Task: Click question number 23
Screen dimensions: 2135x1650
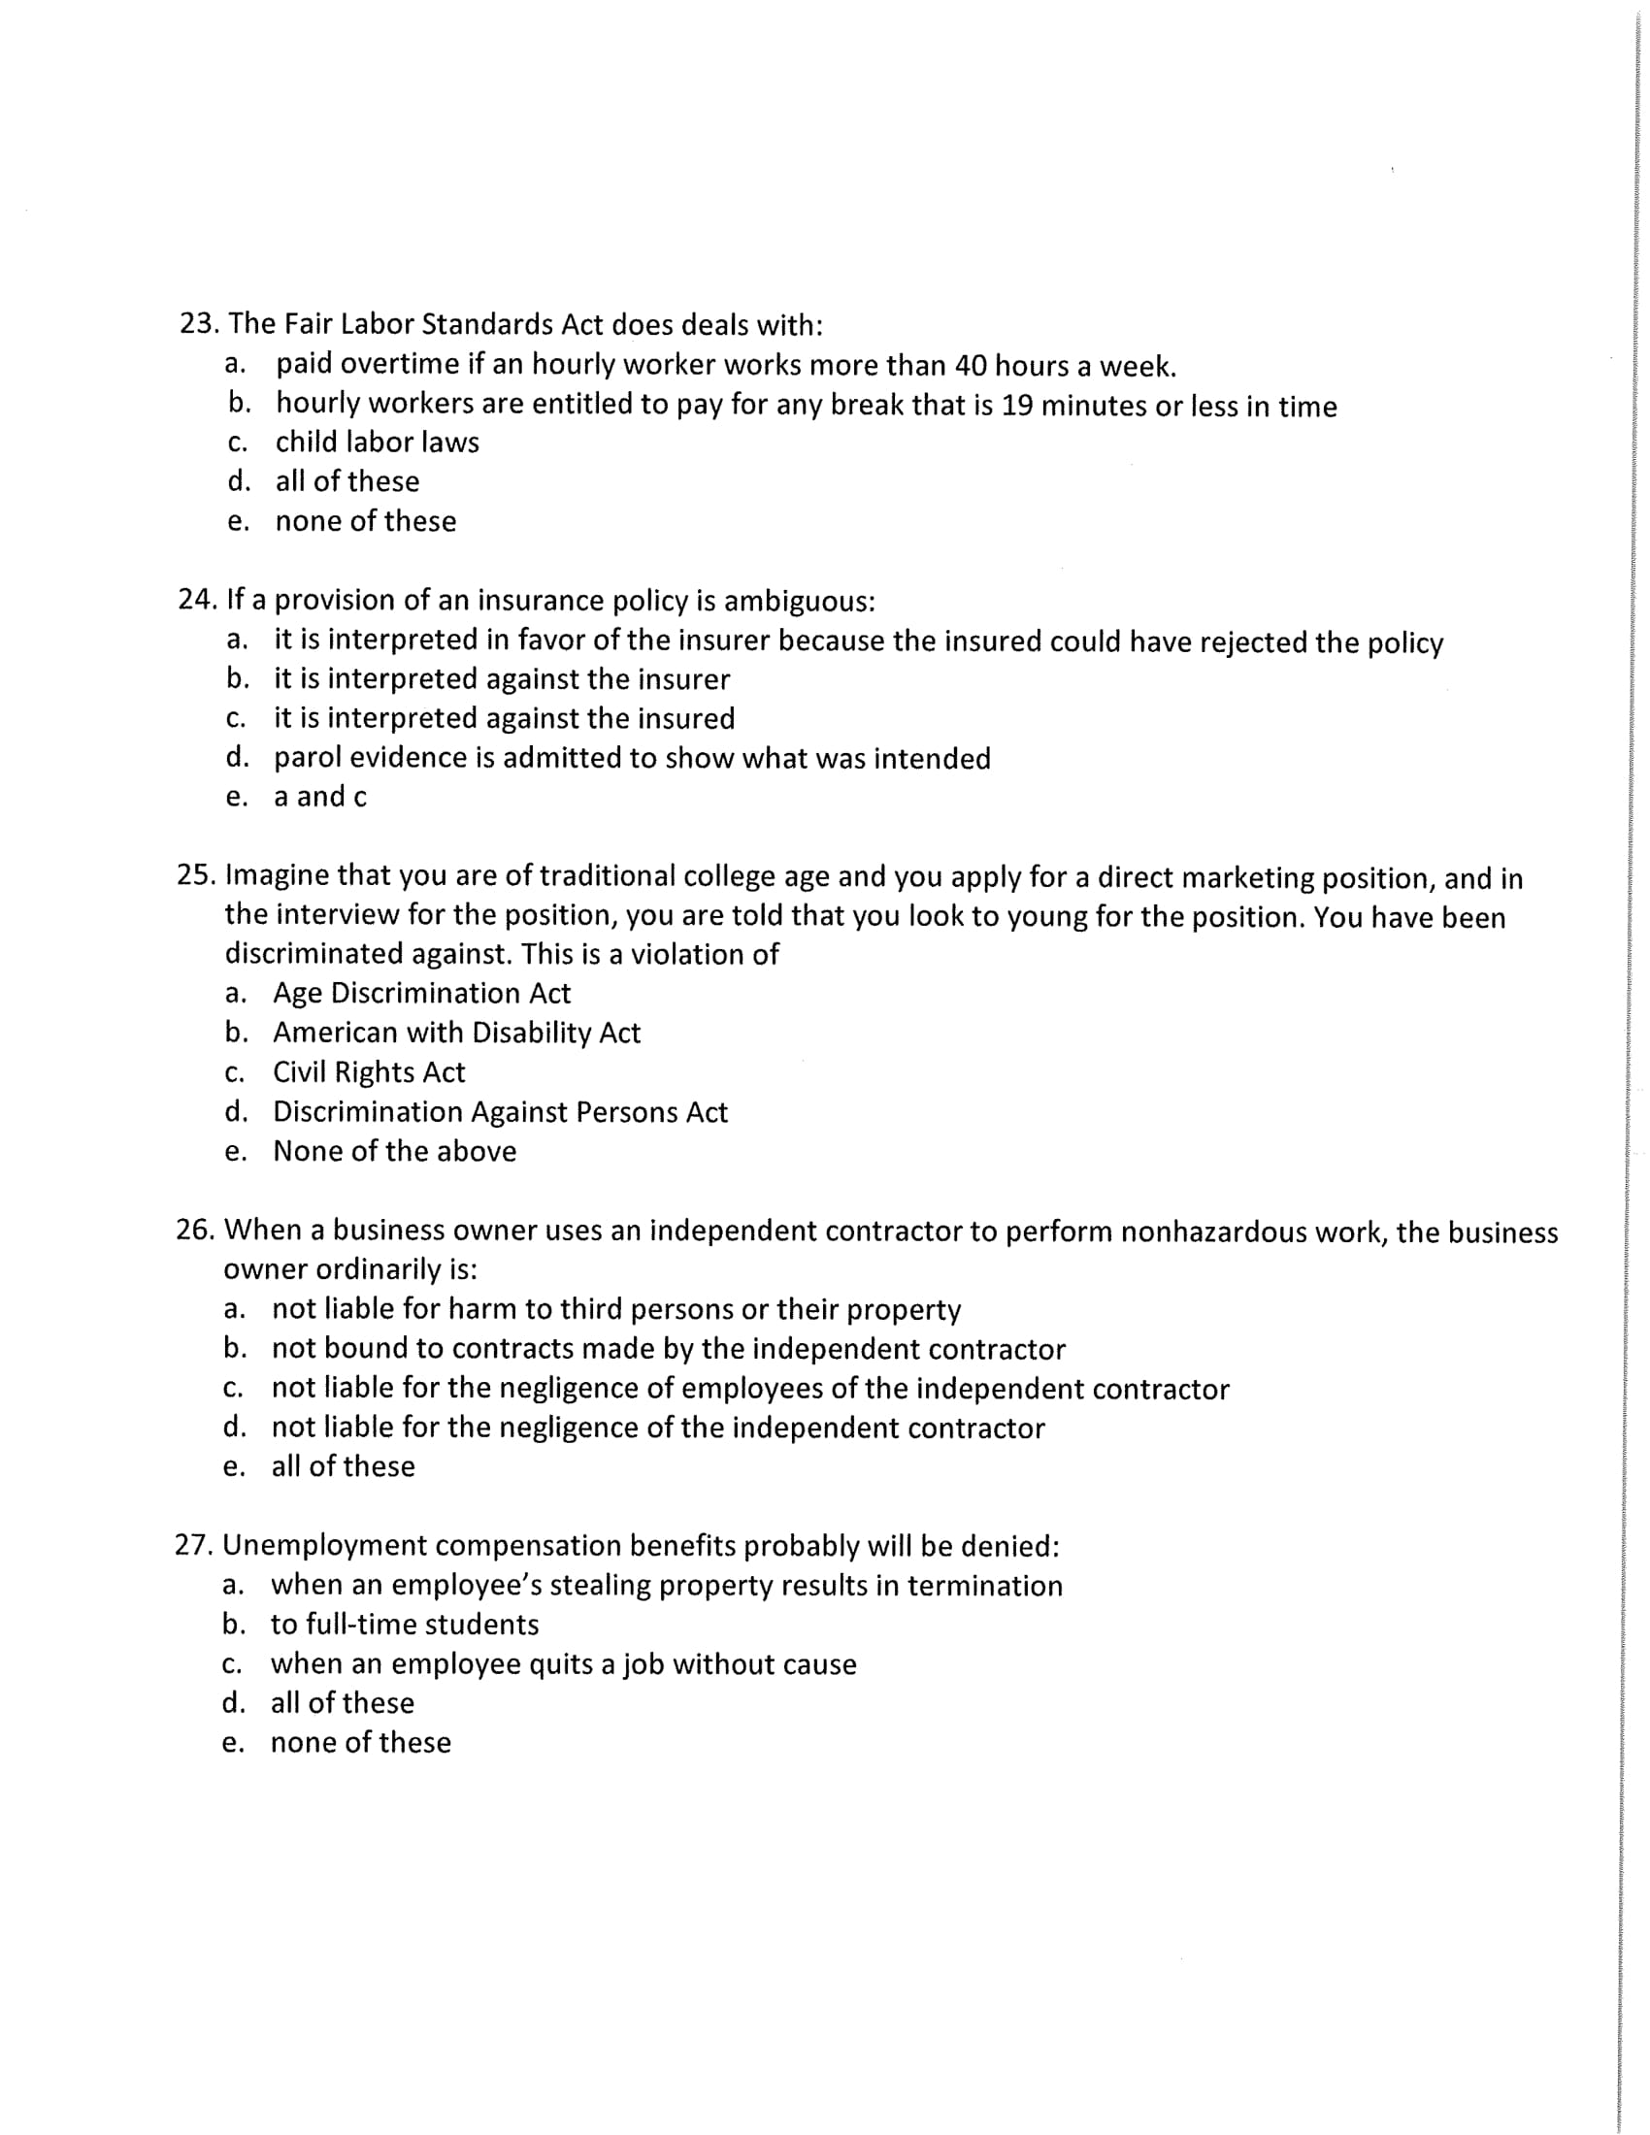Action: (199, 323)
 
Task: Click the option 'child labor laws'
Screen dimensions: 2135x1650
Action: (378, 443)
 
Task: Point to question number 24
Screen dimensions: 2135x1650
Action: (197, 599)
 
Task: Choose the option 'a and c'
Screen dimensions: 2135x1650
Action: (320, 797)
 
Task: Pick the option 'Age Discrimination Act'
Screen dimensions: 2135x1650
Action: (421, 993)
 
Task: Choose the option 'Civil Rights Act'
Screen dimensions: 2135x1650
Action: (369, 1072)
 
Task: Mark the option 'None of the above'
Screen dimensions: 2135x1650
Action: (395, 1152)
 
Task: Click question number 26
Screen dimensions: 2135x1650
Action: (195, 1230)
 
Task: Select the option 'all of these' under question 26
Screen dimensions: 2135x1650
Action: (343, 1466)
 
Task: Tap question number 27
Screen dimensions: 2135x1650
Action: (194, 1546)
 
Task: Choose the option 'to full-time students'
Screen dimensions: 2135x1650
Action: (405, 1625)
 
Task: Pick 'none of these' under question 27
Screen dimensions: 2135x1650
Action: (361, 1743)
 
